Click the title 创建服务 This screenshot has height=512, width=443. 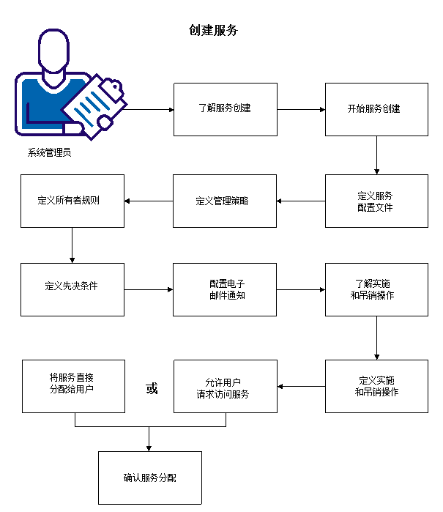pyautogui.click(x=213, y=31)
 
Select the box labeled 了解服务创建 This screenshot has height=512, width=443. pyautogui.click(x=225, y=109)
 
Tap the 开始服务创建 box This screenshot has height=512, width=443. pyautogui.click(x=376, y=109)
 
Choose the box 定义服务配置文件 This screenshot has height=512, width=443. pyautogui.click(x=376, y=201)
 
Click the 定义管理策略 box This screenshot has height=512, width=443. pyautogui.click(x=225, y=201)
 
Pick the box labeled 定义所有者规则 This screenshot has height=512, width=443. pyautogui.click(x=72, y=200)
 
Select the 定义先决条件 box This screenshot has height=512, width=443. pyautogui.click(x=72, y=289)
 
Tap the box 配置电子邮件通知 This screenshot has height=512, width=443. pyautogui.click(x=225, y=289)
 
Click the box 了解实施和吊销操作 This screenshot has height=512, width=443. pyautogui.click(x=376, y=289)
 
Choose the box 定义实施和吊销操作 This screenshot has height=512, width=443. pyautogui.click(x=376, y=386)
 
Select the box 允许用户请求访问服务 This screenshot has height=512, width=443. pyautogui.click(x=225, y=386)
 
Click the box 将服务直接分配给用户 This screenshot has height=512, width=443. pyautogui.click(x=73, y=386)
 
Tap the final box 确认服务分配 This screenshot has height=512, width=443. pyautogui.click(x=149, y=478)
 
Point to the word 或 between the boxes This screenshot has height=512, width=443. pyautogui.click(x=152, y=388)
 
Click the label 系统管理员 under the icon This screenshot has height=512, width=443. pyautogui.click(x=49, y=153)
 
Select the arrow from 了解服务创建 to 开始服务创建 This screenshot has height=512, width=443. pyautogui.click(x=301, y=110)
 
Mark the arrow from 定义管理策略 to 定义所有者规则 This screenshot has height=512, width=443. pyautogui.click(x=149, y=201)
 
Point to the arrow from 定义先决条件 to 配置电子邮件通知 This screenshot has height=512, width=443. pyautogui.click(x=149, y=290)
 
